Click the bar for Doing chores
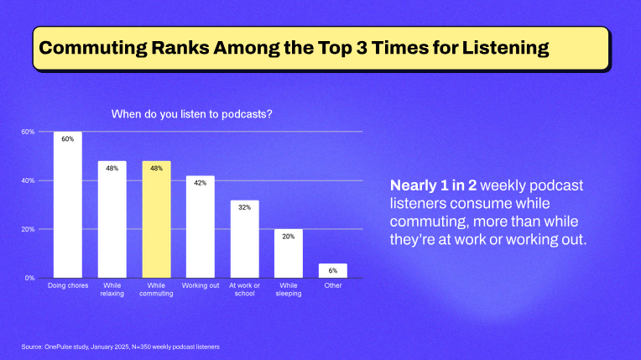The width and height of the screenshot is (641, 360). pyautogui.click(x=68, y=206)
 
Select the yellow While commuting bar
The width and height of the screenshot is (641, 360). pyautogui.click(x=156, y=220)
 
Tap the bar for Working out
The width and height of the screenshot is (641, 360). pyautogui.click(x=200, y=227)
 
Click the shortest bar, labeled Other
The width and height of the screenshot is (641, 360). pyautogui.click(x=332, y=270)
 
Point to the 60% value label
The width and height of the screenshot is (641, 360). pyautogui.click(x=68, y=139)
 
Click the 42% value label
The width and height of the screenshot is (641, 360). pyautogui.click(x=200, y=183)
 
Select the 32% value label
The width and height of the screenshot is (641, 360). pyautogui.click(x=244, y=207)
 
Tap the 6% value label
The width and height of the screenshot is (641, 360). pyautogui.click(x=332, y=270)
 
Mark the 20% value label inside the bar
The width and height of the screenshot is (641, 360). pyautogui.click(x=288, y=237)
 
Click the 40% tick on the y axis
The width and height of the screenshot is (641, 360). pyautogui.click(x=28, y=180)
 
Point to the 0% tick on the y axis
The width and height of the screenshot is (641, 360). pyautogui.click(x=29, y=278)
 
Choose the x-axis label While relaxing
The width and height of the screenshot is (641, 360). pyautogui.click(x=112, y=290)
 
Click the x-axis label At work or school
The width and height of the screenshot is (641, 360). pyautogui.click(x=244, y=290)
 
